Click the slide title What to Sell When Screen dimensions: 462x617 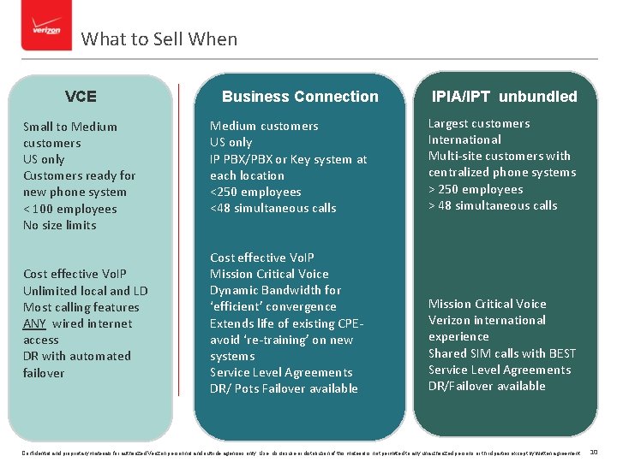click(x=159, y=39)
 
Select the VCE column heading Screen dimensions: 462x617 click(x=81, y=97)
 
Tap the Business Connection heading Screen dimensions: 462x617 click(x=300, y=97)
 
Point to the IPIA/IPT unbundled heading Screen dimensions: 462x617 click(x=504, y=97)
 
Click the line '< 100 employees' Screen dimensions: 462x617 click(x=70, y=209)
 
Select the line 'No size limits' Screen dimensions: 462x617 click(x=60, y=225)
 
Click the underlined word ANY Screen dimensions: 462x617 click(x=34, y=323)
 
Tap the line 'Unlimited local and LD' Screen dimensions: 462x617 click(x=86, y=291)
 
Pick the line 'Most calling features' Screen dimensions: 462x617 click(x=81, y=307)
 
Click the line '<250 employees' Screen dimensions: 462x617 click(x=255, y=192)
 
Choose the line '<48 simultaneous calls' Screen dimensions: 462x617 click(x=273, y=208)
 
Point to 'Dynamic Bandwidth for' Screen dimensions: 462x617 click(x=275, y=290)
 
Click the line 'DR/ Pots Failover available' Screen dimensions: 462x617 click(x=284, y=388)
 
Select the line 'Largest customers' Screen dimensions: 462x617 click(x=479, y=123)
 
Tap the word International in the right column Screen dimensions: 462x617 click(x=464, y=139)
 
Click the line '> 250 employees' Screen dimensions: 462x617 click(x=476, y=189)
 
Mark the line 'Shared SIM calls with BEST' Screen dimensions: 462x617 click(x=502, y=353)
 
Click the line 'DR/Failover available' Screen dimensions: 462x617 click(x=487, y=386)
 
